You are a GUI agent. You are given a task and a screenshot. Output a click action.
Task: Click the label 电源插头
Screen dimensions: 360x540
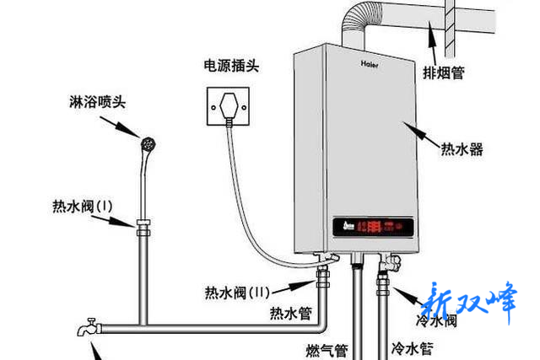[x=230, y=66]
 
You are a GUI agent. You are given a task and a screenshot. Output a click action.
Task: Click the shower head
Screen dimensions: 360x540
[x=148, y=144]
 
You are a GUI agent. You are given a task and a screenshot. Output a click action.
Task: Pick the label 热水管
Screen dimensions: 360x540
[x=291, y=314]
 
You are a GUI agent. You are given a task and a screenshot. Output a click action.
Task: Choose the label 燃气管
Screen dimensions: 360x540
[x=327, y=347]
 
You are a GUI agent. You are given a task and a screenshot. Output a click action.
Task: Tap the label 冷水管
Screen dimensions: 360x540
[x=413, y=347]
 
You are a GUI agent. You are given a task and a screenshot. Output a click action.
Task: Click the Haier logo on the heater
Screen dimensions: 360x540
[x=372, y=62]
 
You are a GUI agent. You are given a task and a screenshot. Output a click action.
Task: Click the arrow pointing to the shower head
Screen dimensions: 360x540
[x=126, y=129]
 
